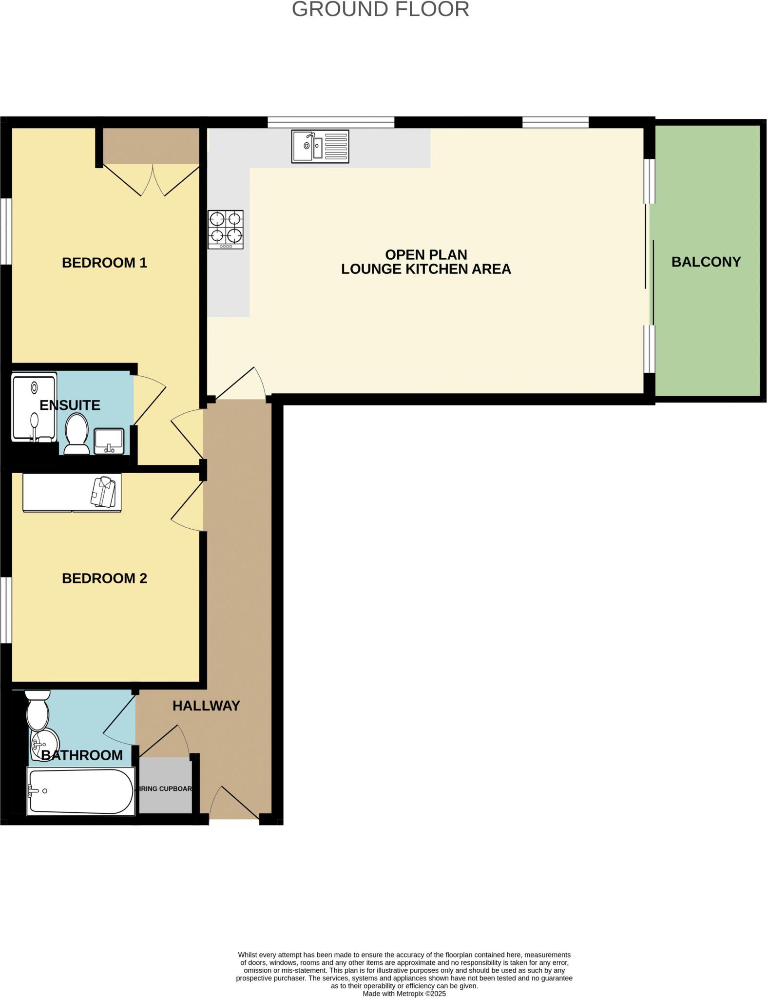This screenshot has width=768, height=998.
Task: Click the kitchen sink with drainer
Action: click(x=320, y=146)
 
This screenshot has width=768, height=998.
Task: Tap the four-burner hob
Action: click(x=226, y=230)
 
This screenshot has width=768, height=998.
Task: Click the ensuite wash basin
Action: click(x=109, y=441)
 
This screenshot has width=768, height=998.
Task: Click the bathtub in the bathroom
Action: click(x=80, y=791)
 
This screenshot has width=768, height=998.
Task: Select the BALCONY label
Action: click(x=706, y=262)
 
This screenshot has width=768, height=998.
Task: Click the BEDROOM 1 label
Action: click(x=104, y=263)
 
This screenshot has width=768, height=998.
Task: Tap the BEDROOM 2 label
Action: click(x=104, y=578)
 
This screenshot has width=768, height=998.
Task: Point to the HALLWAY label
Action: click(x=206, y=706)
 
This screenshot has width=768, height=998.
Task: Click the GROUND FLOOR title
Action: click(x=380, y=10)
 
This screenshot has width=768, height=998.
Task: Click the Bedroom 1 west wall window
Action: click(x=5, y=231)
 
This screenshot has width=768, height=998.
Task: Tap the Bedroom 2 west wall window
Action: click(x=5, y=610)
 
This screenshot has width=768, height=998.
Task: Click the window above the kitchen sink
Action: click(x=330, y=122)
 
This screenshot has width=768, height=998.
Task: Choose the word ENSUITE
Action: click(x=70, y=405)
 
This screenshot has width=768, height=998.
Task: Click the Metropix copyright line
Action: click(x=404, y=994)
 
